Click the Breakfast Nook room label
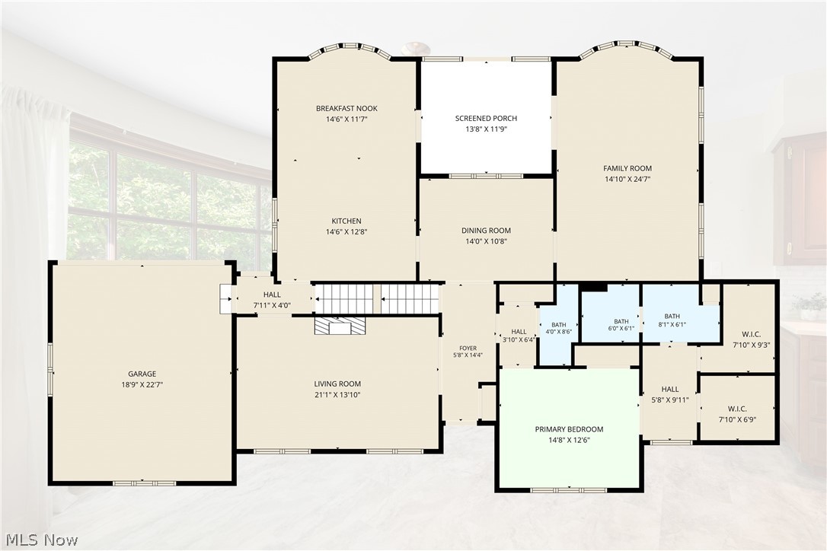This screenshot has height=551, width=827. click(x=346, y=109)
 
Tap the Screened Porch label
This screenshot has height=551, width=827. click(x=487, y=119)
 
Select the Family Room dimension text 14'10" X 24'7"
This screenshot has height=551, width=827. click(x=627, y=180)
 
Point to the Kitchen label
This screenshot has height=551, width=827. click(x=346, y=221)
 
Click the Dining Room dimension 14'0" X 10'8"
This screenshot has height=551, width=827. click(x=487, y=241)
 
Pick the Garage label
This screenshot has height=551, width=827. click(x=142, y=374)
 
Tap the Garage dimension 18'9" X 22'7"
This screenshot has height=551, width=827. click(x=142, y=385)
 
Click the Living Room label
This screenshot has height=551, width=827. click(x=337, y=384)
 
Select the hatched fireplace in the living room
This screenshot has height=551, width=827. click(x=340, y=325)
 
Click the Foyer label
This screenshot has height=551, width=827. click(x=468, y=349)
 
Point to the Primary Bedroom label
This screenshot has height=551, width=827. click(x=569, y=430)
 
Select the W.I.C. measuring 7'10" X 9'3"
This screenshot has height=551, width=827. click(x=751, y=340)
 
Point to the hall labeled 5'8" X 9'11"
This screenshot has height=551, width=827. click(x=670, y=394)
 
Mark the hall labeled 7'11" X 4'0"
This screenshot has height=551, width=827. click(x=272, y=300)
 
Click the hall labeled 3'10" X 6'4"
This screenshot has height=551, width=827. click(x=519, y=336)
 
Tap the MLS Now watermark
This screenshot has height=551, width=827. click(x=42, y=540)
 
